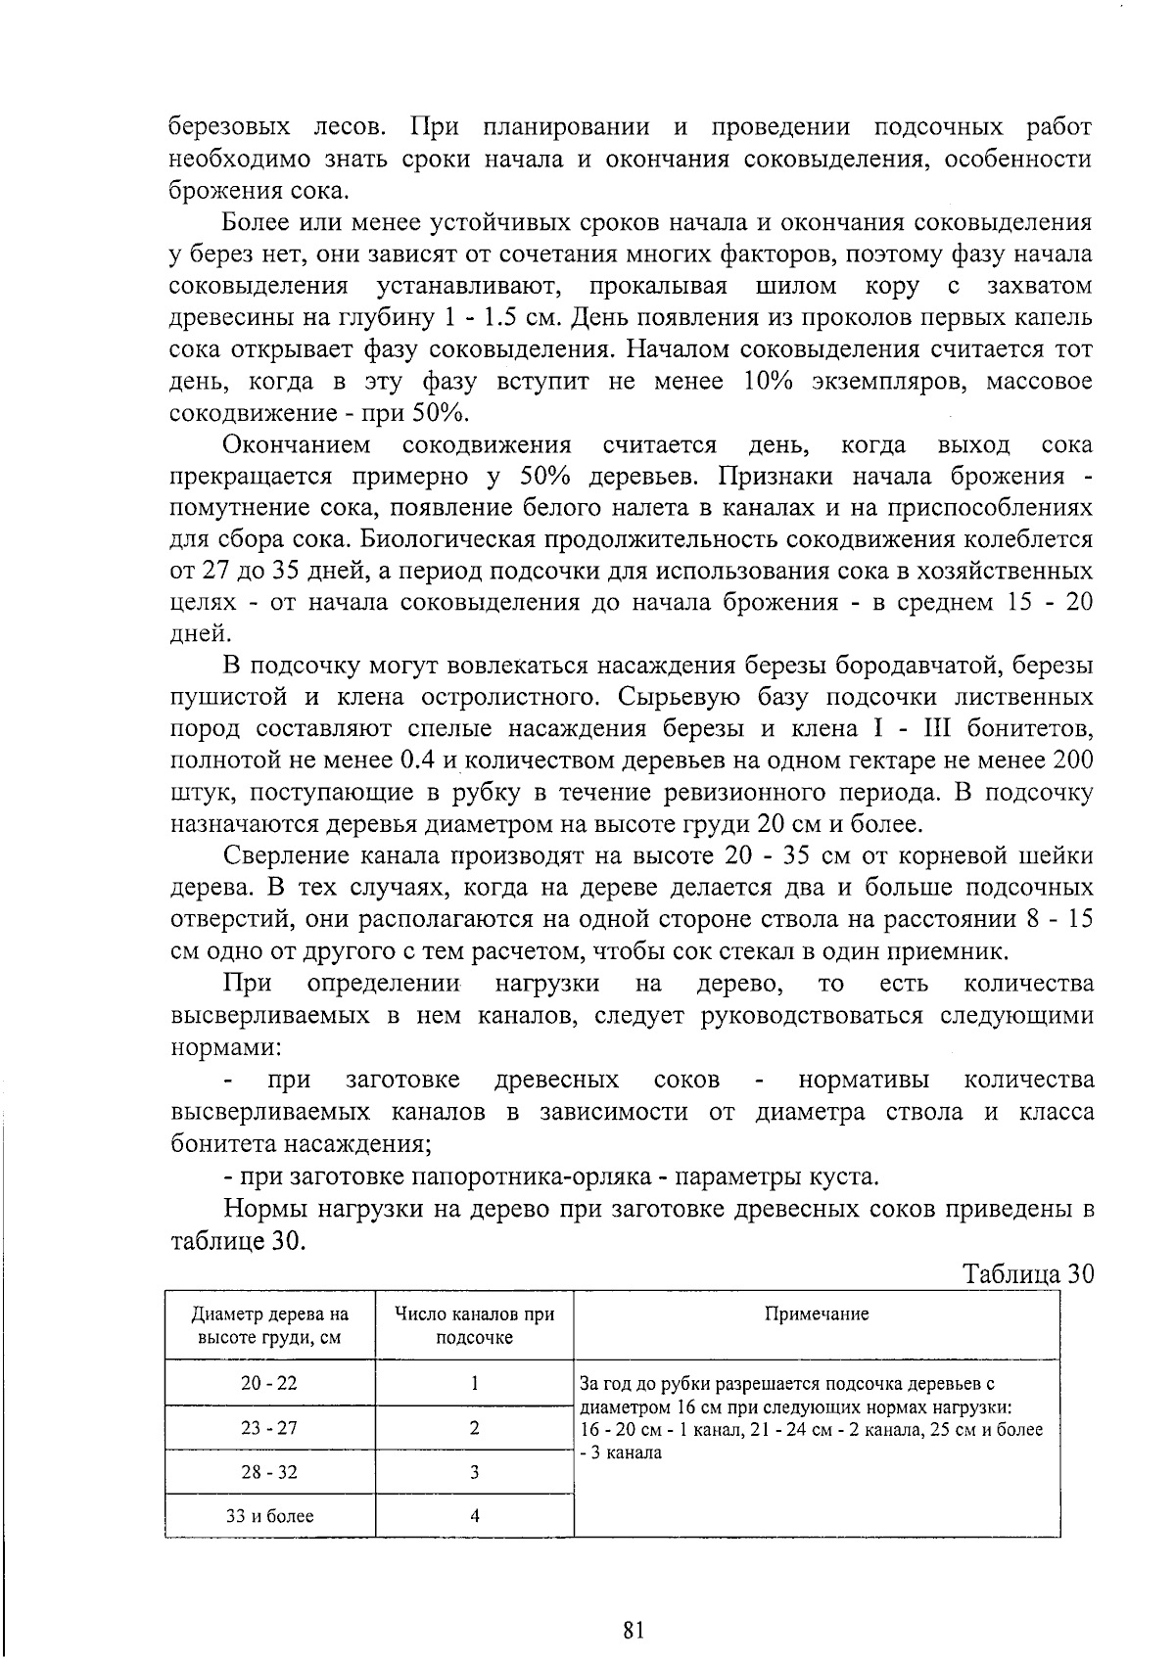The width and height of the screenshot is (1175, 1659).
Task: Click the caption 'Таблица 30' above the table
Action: (x=1027, y=1274)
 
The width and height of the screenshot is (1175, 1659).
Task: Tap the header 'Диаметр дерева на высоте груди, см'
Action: (x=269, y=1325)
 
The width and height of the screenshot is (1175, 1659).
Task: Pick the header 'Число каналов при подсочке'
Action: (x=474, y=1325)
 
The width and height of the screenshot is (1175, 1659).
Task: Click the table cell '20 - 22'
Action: (x=269, y=1383)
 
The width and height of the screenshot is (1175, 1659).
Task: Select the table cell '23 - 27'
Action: (x=269, y=1428)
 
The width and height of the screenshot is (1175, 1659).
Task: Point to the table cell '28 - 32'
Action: (x=269, y=1472)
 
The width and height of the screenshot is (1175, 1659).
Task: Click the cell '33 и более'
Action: (x=269, y=1516)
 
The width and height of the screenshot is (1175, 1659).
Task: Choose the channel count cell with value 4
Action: (x=474, y=1516)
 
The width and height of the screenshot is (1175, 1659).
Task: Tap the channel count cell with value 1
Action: (x=474, y=1383)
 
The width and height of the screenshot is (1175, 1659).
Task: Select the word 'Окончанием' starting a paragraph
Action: (x=297, y=446)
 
